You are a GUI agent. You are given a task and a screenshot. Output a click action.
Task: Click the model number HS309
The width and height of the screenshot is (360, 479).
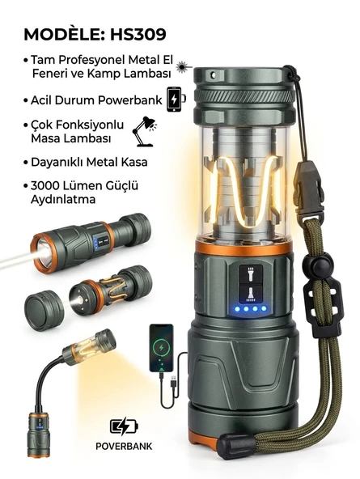pos(138,34)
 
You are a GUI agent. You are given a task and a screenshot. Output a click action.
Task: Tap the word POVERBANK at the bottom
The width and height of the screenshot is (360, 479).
pos(124,446)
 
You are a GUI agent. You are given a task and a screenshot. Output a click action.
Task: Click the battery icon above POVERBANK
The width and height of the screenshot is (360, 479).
pos(124,427)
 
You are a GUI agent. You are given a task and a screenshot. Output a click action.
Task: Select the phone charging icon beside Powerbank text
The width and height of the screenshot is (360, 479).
pos(176,100)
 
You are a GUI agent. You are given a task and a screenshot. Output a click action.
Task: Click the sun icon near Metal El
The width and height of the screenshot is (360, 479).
pos(183,66)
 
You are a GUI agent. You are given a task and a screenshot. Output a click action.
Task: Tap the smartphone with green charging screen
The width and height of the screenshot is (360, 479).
pos(161,348)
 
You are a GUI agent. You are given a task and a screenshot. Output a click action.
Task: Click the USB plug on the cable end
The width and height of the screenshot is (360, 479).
pos(173,382)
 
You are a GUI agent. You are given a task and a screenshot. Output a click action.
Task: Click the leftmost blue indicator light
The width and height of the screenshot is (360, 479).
pos(237,309)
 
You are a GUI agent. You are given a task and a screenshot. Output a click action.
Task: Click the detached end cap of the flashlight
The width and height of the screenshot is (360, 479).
pos(44,311)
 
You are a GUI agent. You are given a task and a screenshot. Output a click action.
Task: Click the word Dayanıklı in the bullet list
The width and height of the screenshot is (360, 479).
pos(56,162)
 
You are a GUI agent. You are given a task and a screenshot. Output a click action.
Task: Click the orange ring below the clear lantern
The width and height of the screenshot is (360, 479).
pos(244,248)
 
